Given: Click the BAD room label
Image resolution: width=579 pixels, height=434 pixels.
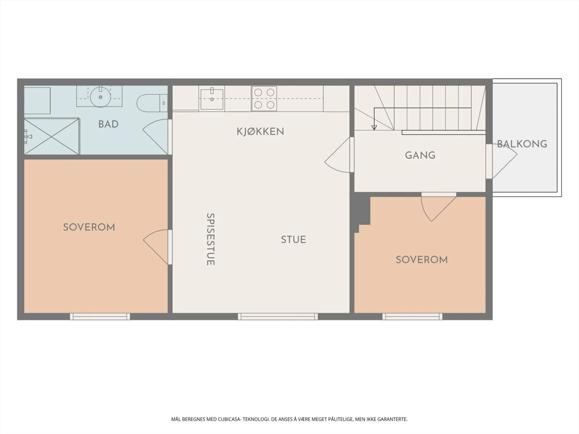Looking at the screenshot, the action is pyautogui.click(x=108, y=124).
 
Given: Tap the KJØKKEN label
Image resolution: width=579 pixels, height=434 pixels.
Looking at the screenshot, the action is pyautogui.click(x=260, y=132).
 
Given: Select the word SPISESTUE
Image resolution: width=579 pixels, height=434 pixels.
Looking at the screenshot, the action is pyautogui.click(x=211, y=239).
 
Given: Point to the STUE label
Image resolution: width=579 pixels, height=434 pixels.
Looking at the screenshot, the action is pyautogui.click(x=293, y=239).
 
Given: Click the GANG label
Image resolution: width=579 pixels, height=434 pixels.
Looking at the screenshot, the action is pyautogui.click(x=420, y=155).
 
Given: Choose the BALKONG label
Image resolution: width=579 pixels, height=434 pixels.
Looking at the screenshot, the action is pyautogui.click(x=522, y=144).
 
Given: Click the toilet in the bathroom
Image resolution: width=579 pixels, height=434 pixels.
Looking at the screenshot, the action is pyautogui.click(x=152, y=103).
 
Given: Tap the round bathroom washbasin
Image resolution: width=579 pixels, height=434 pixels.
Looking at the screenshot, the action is pyautogui.click(x=100, y=97).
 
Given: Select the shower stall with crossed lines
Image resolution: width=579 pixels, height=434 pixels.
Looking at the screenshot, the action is pyautogui.click(x=52, y=136).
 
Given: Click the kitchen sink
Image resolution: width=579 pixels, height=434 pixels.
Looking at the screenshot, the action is pyautogui.click(x=212, y=99).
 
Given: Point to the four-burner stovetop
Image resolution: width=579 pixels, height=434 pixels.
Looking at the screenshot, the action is pyautogui.click(x=264, y=98).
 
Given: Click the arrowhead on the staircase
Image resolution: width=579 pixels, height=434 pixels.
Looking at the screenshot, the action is pyautogui.click(x=374, y=128).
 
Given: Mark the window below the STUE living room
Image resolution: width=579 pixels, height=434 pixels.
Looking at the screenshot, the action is pyautogui.click(x=278, y=316).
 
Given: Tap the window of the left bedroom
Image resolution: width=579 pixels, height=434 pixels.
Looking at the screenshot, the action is pyautogui.click(x=100, y=316).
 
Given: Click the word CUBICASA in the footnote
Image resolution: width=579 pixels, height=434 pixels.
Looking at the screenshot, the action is pyautogui.click(x=229, y=419).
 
